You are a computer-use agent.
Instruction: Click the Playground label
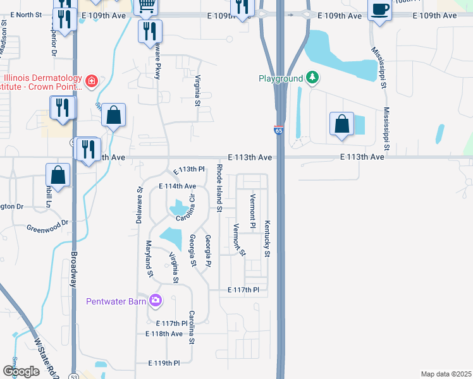point(281,78)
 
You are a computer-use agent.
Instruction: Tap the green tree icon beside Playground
point(311,78)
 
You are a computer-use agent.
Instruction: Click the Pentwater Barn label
point(116,301)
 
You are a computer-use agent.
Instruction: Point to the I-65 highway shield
point(279,129)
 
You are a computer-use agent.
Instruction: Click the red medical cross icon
point(92,81)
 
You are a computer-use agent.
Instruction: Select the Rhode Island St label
point(219,187)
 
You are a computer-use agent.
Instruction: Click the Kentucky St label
point(267,239)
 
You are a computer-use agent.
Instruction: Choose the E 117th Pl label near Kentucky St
point(243,290)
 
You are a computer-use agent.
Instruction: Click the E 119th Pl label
point(164,363)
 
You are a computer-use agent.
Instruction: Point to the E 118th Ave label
point(164,334)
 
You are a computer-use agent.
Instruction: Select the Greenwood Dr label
point(47,226)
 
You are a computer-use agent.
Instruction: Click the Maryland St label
point(150,258)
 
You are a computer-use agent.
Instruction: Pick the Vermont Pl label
point(252,212)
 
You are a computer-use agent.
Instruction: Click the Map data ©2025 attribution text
point(446,374)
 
